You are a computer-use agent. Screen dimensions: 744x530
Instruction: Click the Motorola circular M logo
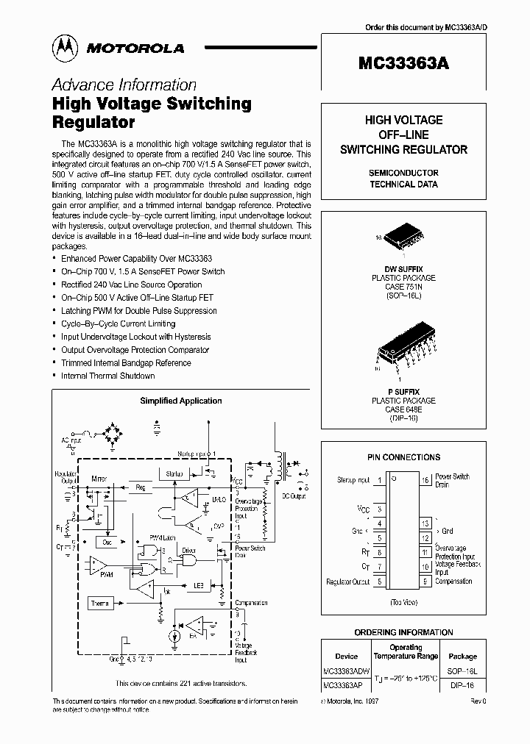pos(66,48)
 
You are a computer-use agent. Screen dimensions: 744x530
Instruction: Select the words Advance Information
pos(124,85)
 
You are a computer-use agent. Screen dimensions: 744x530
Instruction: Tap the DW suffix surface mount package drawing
pos(402,233)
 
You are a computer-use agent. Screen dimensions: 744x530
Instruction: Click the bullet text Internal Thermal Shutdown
pos(107,376)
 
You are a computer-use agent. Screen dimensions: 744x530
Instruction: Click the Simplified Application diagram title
pos(181,401)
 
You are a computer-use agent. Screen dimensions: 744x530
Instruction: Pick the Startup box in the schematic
pos(174,474)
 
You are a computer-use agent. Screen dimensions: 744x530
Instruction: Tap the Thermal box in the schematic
pos(100,603)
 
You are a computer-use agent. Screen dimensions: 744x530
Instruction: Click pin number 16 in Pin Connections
pos(425,480)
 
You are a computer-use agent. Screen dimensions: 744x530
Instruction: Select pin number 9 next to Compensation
pos(425,582)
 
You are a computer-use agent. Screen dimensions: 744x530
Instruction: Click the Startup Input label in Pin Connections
pos(353,480)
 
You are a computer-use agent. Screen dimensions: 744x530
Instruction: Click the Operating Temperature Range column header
pos(405,652)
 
